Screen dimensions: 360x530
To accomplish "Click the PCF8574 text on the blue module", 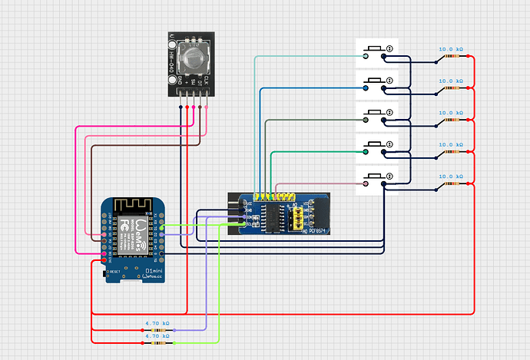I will click(x=317, y=230).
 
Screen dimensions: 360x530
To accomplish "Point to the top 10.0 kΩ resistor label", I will click(x=451, y=48).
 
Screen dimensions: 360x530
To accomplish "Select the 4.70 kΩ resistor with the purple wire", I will click(x=157, y=331).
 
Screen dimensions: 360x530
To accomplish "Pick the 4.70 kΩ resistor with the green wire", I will click(x=157, y=342).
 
